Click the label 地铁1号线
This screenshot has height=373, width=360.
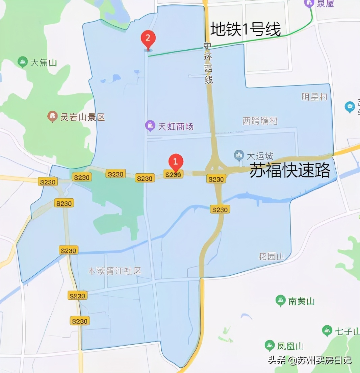246,30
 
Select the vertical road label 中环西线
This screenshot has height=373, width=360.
208,64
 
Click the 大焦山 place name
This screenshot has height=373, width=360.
44,63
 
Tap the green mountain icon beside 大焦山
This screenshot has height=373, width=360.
23,62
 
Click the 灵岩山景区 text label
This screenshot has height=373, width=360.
82,117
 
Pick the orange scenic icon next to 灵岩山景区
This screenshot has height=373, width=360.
52,117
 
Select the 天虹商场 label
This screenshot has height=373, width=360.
176,127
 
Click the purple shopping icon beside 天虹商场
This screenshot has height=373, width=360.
150,126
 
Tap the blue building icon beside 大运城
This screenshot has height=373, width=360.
239,156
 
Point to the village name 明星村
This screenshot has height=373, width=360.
314,97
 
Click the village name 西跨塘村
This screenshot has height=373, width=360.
260,121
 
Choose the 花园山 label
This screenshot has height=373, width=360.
272,256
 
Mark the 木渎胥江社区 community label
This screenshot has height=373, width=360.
114,271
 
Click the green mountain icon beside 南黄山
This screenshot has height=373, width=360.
280,300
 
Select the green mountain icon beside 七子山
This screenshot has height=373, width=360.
327,331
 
